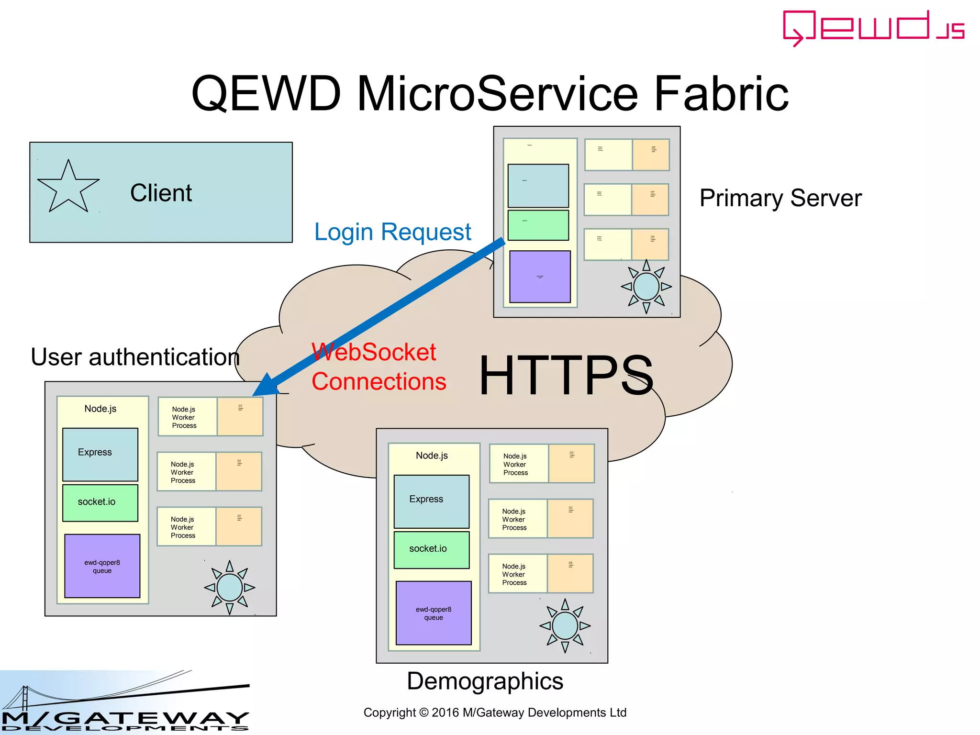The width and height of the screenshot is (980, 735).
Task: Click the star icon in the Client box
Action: click(68, 188)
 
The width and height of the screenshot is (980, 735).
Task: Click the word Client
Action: click(161, 193)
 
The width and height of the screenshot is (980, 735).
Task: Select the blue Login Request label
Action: click(392, 232)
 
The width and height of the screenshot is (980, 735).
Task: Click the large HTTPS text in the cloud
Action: click(566, 376)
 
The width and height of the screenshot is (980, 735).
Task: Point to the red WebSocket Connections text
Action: click(378, 367)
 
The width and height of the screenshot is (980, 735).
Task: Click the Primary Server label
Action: click(780, 198)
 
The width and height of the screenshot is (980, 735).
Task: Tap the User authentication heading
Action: click(135, 357)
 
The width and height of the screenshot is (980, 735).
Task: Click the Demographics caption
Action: click(485, 681)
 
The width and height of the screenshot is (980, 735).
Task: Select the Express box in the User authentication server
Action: click(100, 454)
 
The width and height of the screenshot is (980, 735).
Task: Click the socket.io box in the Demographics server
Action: click(431, 549)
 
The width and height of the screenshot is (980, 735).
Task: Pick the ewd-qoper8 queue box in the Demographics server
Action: click(434, 613)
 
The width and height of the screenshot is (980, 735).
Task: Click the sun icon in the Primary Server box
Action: click(646, 287)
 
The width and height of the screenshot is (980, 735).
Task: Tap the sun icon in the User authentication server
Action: click(229, 587)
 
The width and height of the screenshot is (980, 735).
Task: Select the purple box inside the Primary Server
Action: click(540, 277)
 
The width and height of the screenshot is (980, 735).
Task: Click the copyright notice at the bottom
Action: click(495, 713)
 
